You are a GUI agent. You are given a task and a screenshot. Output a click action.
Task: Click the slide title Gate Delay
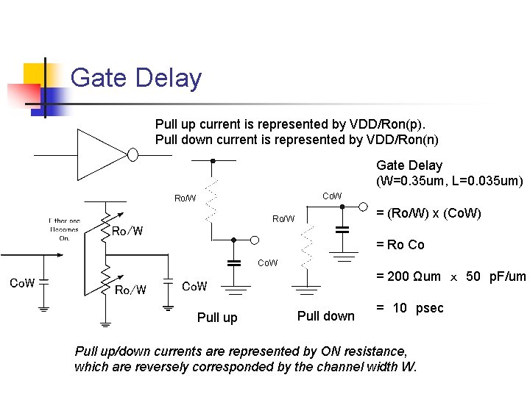pyautogui.click(x=135, y=78)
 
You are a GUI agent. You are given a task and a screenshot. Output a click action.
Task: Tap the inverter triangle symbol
pyautogui.click(x=101, y=154)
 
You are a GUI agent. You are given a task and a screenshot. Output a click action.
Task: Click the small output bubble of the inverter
pyautogui.click(x=133, y=154)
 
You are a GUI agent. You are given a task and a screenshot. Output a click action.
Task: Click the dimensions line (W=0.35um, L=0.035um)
pyautogui.click(x=449, y=181)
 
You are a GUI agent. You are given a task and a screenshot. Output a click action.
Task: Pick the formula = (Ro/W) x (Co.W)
pyautogui.click(x=428, y=213)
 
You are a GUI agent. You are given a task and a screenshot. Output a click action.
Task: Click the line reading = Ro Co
pyautogui.click(x=400, y=245)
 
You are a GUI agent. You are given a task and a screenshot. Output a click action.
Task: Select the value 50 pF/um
pyautogui.click(x=496, y=276)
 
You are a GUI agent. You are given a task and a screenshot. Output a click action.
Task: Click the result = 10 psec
pyautogui.click(x=410, y=308)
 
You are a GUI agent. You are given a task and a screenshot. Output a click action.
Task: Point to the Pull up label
pyautogui.click(x=217, y=318)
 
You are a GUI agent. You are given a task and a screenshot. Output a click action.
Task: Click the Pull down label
pyautogui.click(x=325, y=316)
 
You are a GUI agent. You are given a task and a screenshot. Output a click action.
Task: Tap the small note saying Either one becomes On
pyautogui.click(x=64, y=229)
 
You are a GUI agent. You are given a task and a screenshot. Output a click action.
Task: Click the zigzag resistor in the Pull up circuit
pyautogui.click(x=212, y=199)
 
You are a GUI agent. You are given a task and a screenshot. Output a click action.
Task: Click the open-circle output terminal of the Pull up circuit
pyautogui.click(x=254, y=240)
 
